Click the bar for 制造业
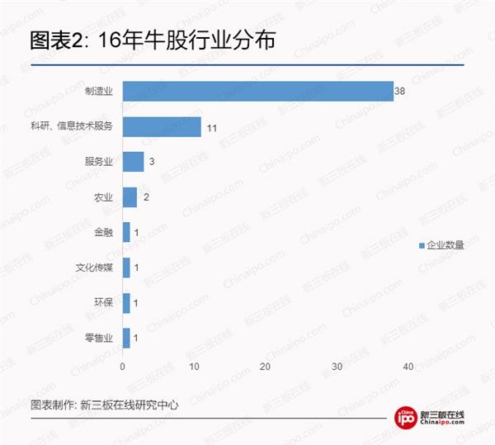click(257, 92)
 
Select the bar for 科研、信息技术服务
click(162, 126)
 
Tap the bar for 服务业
click(133, 162)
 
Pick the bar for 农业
click(130, 196)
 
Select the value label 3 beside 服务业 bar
click(151, 162)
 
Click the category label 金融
click(105, 233)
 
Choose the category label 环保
click(105, 303)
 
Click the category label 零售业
click(100, 338)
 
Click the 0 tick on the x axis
click(123, 366)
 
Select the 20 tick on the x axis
click(266, 366)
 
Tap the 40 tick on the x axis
click(408, 366)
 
